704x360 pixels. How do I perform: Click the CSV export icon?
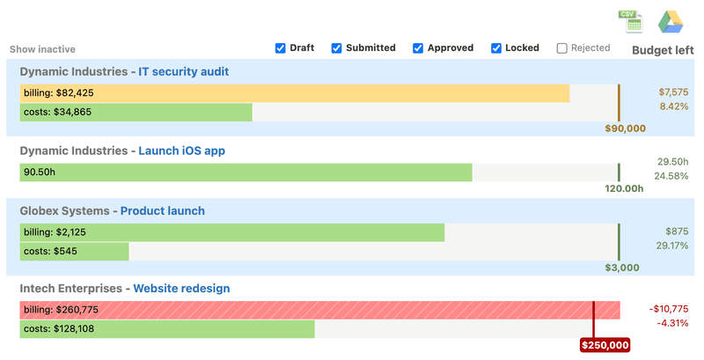631,21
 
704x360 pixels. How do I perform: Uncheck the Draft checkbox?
281,48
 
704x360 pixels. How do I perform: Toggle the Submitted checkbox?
336,48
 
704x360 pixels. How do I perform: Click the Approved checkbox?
418,48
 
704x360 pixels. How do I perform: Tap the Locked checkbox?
496,48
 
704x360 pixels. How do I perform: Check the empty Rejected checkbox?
562,48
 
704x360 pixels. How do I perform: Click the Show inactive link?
42,49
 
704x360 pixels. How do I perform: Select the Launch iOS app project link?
181,151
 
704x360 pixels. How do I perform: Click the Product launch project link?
162,211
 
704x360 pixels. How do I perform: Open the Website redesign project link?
181,289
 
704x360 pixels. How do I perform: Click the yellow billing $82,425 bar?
294,92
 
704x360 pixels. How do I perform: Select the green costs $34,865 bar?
136,112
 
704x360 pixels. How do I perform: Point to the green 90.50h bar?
246,173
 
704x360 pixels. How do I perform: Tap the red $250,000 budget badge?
605,345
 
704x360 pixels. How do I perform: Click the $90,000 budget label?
625,129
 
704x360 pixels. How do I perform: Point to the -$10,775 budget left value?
668,309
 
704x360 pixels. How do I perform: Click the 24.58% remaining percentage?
671,176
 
